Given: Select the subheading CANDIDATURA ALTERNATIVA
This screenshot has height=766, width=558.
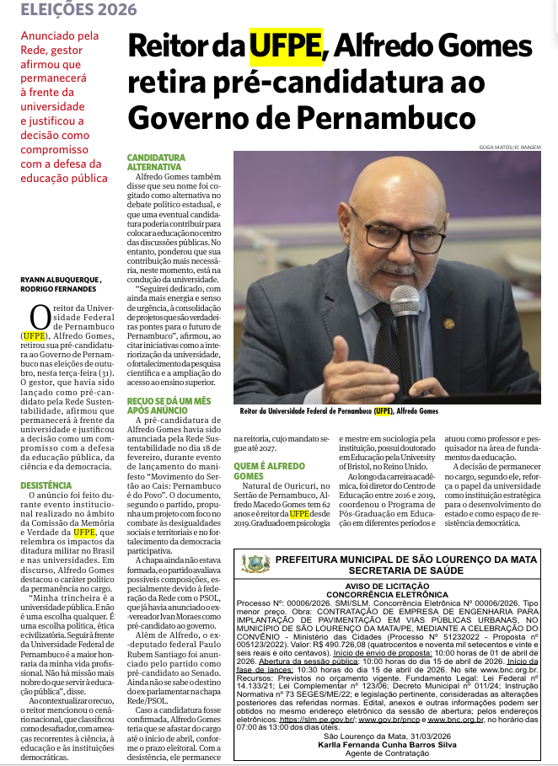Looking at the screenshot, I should (x=156, y=162).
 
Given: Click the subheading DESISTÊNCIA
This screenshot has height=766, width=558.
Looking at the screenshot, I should (x=46, y=485).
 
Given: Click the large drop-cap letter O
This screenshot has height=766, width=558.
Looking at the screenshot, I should (x=40, y=318).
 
